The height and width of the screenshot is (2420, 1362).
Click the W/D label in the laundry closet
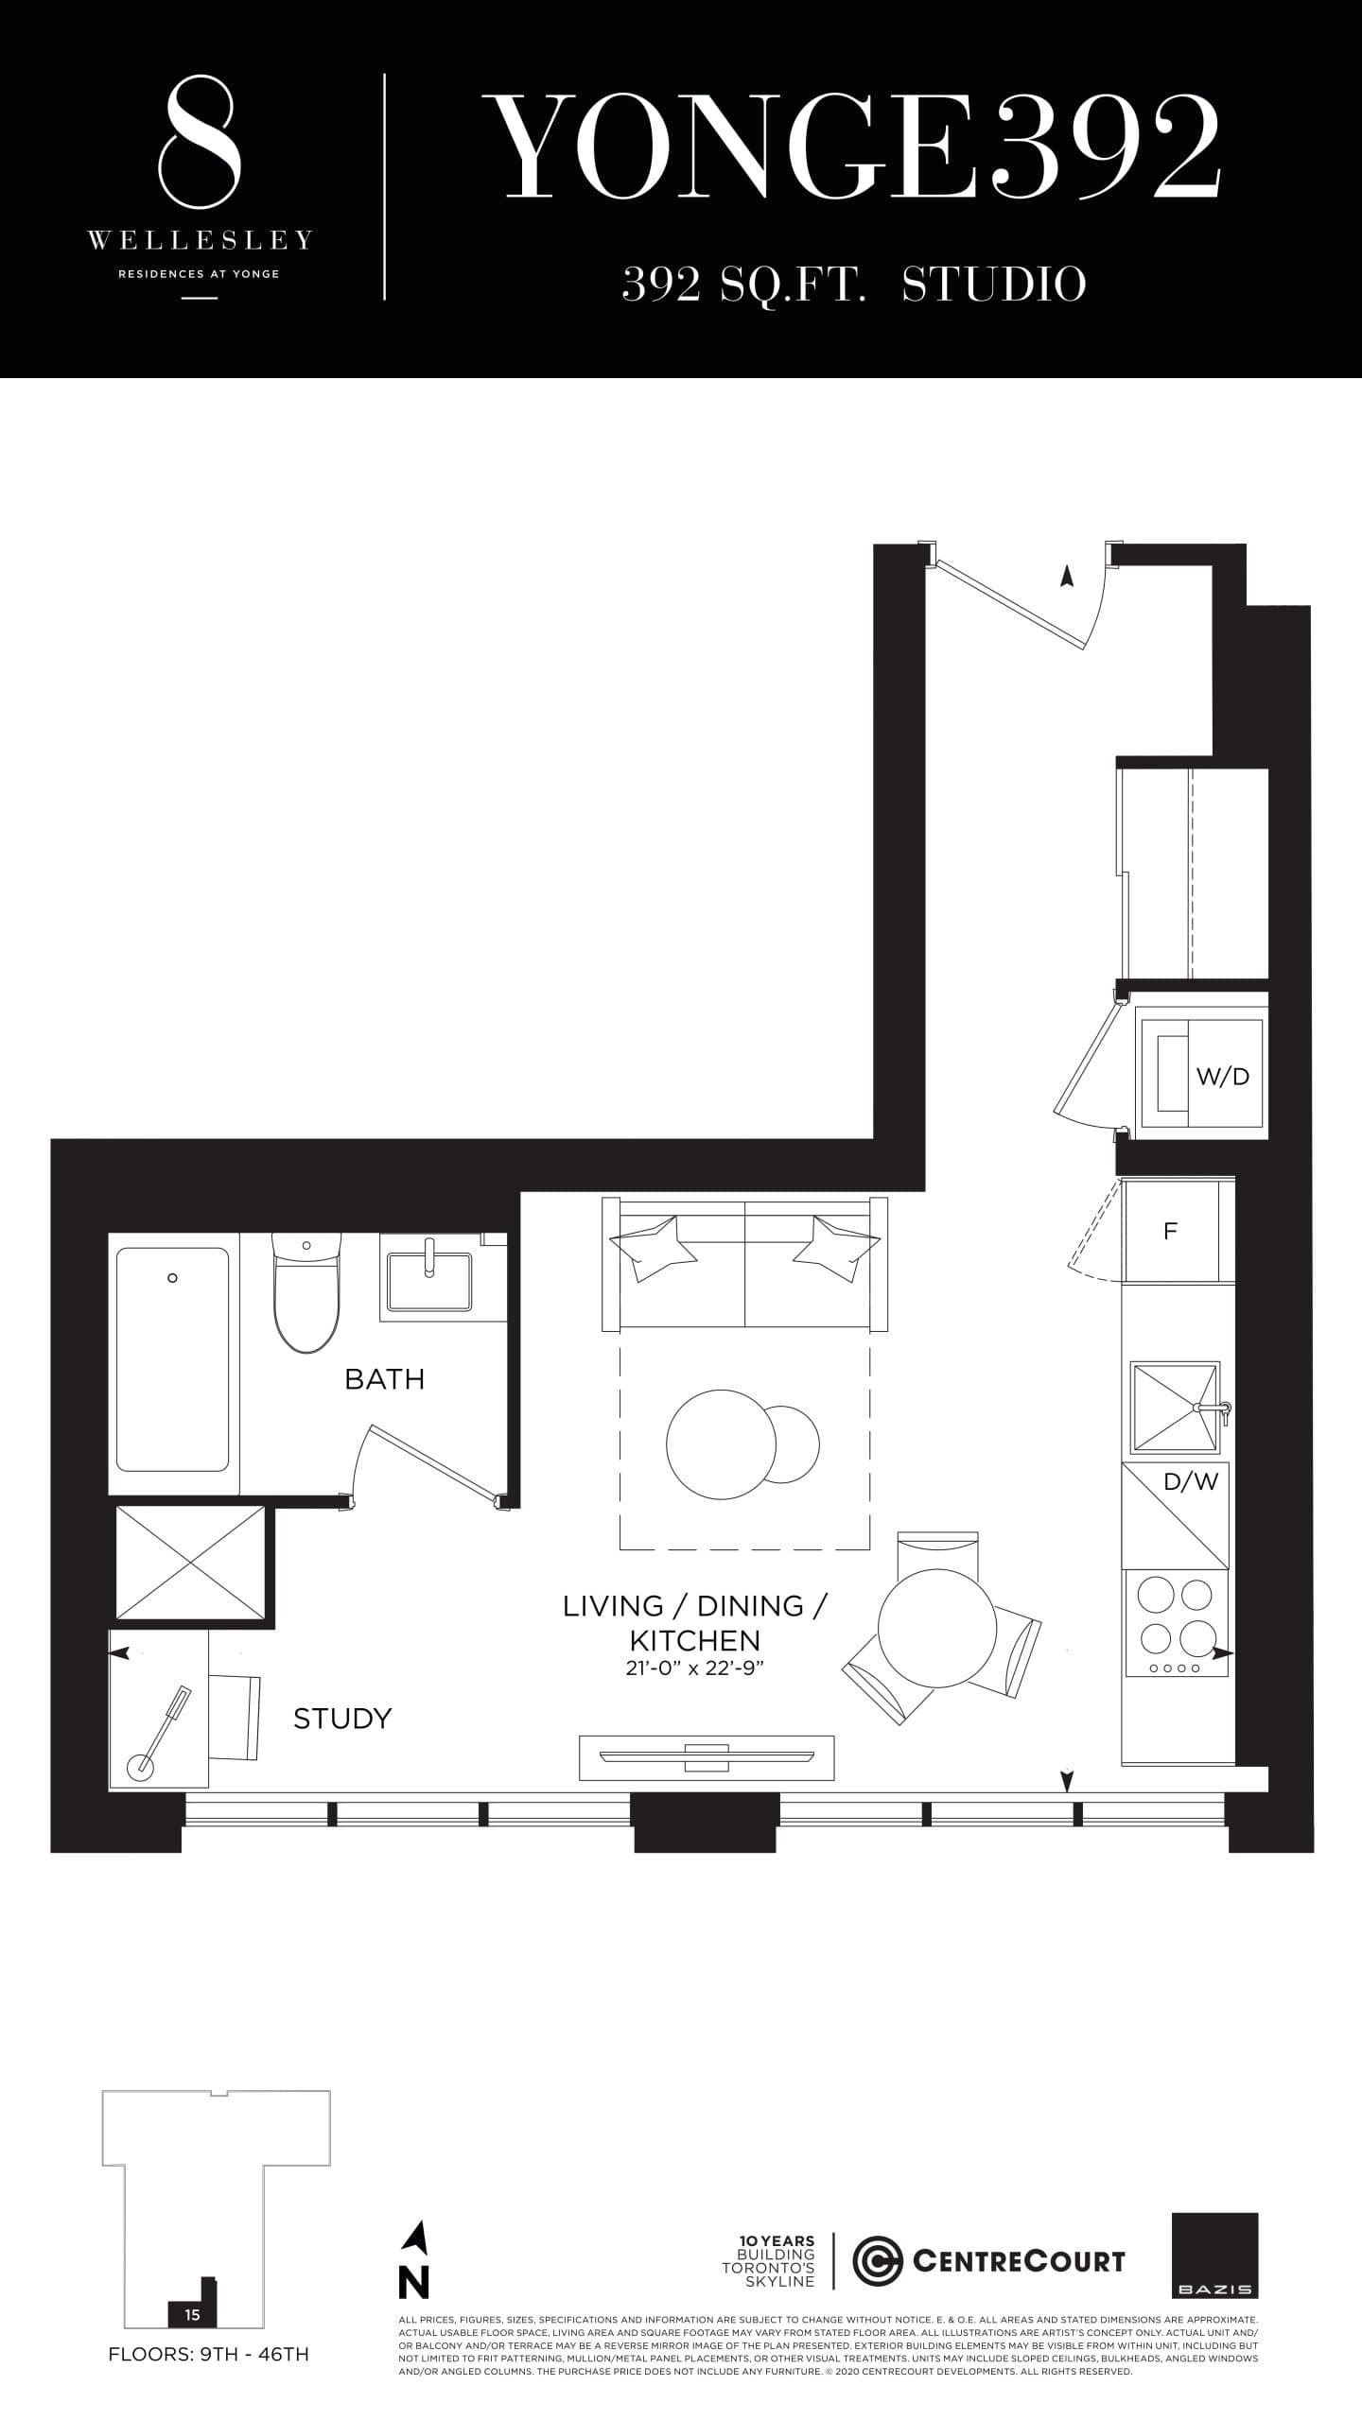point(1222,1076)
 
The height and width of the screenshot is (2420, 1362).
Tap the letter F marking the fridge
point(1170,1231)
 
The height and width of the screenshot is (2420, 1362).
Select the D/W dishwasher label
point(1190,1481)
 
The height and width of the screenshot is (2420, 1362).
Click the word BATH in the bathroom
point(384,1379)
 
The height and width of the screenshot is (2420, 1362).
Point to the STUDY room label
point(342,1718)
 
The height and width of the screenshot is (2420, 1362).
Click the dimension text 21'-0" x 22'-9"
point(694,1668)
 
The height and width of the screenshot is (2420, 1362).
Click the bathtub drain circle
point(172,1278)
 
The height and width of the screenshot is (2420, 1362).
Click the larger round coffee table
point(721,1444)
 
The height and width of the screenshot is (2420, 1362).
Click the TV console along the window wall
point(707,1757)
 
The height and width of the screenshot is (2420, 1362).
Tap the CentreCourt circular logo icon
point(877,2261)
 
